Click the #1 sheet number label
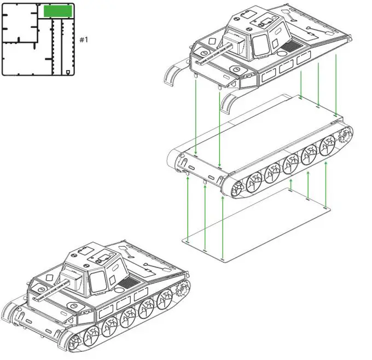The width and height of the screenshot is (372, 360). pos(84,40)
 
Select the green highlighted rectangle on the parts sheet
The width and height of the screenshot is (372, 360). pos(57,11)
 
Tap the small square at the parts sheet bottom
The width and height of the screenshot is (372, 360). pos(68,72)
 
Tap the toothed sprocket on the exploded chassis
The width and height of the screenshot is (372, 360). pos(346,137)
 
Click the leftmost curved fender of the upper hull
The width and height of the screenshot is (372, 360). pos(172,76)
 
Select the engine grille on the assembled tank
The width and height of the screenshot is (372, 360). pos(130,282)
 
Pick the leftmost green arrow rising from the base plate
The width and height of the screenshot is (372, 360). pos(187,208)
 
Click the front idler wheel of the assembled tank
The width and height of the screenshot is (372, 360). pos(76,345)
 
